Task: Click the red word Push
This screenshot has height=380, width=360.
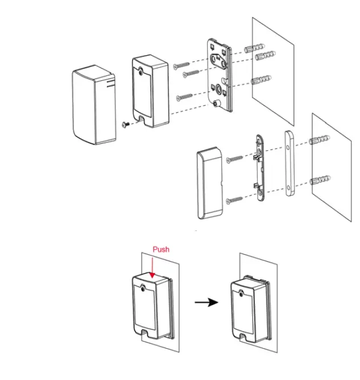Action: tap(161, 249)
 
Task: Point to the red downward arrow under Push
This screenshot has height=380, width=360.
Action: tap(152, 267)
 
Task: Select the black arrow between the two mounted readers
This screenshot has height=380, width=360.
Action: tap(206, 302)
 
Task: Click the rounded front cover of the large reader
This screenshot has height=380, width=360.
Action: tap(93, 105)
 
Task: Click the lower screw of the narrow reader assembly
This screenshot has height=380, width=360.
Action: tap(235, 200)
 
